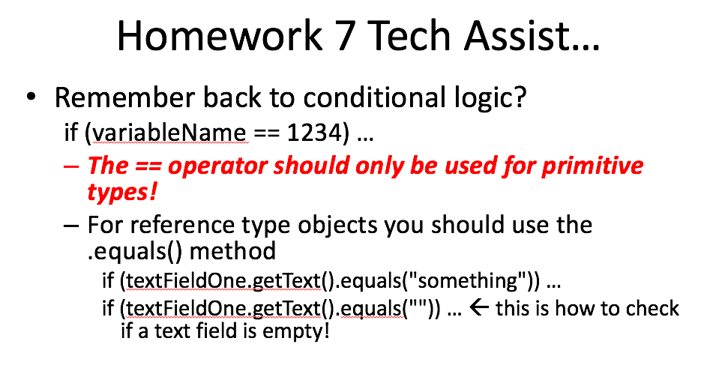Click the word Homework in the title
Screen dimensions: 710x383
coord(220,36)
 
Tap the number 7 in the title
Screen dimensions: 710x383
coord(345,36)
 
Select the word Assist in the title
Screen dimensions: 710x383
coord(517,36)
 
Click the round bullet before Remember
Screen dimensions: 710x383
coord(31,97)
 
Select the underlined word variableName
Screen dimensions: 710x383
coord(169,133)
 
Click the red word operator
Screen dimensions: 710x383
coord(217,166)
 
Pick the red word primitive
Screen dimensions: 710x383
coord(592,166)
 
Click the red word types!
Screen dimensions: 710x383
coord(122,193)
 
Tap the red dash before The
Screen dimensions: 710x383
coord(71,166)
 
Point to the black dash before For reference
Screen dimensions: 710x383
coord(71,225)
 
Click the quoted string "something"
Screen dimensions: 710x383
coord(467,280)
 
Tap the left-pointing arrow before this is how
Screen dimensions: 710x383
coord(479,308)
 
